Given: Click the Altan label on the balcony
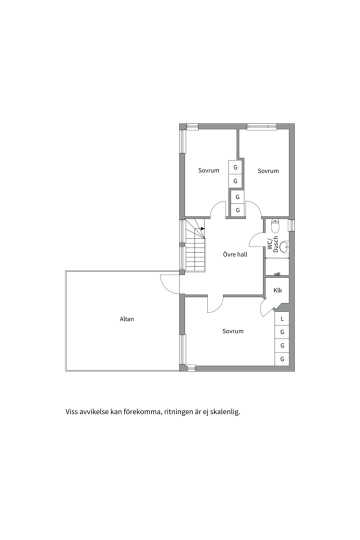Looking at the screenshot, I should coord(127,319).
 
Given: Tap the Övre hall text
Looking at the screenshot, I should coord(235,254).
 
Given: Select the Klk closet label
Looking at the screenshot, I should coord(278,290).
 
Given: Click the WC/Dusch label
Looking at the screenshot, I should coord(272,243).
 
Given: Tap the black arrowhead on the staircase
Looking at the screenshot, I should coord(202,228).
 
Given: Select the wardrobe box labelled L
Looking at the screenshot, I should coord(282,318).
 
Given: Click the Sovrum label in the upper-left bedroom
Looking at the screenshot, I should coord(208,170).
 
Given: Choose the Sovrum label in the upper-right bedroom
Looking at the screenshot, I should coord(268,171).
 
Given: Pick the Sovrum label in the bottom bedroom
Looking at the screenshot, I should coord(233,331).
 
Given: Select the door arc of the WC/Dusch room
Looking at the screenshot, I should coord(256,242).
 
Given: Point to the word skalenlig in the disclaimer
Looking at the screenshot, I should coord(226,412).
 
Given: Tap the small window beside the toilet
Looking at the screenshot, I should coord(290,225).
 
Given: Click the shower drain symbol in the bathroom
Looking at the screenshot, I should coord(278,273).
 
